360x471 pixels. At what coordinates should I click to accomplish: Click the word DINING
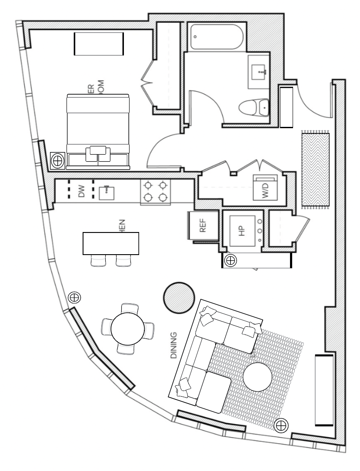point(173,345)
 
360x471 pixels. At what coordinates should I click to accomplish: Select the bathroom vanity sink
point(260,71)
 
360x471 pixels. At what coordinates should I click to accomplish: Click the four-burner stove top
point(155,192)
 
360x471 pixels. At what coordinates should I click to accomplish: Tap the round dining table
point(127,329)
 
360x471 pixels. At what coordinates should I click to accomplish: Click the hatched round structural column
point(179,297)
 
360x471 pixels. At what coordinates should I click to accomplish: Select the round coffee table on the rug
point(257,377)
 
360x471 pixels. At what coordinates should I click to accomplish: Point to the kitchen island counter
point(111,243)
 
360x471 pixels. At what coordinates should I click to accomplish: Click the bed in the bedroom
point(98,130)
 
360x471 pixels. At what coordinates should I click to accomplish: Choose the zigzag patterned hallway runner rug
point(316,169)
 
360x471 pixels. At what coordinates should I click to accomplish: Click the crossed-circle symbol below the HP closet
point(230,261)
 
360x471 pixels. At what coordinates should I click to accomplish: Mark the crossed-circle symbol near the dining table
point(75,297)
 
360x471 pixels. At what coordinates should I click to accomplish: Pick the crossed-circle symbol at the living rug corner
point(281,425)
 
